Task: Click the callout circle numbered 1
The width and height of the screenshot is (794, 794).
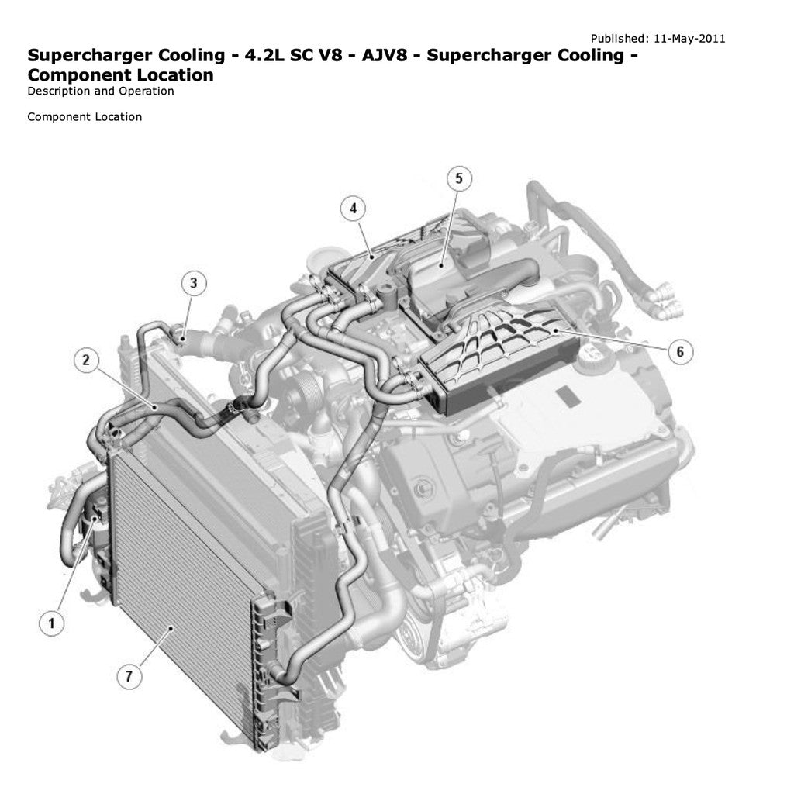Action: click(51, 622)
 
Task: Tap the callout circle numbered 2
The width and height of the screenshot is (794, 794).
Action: click(86, 360)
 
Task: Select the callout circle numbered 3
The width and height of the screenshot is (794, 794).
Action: click(194, 283)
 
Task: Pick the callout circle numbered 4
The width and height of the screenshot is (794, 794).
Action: click(353, 209)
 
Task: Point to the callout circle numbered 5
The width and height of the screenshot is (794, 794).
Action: click(458, 179)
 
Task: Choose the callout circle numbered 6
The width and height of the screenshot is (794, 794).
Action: click(680, 351)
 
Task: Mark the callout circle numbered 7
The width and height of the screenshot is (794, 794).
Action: click(129, 676)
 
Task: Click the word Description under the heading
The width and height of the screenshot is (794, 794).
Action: click(58, 91)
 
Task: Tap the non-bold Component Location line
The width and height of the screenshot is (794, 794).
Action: click(85, 117)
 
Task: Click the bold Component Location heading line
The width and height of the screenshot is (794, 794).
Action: click(120, 75)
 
